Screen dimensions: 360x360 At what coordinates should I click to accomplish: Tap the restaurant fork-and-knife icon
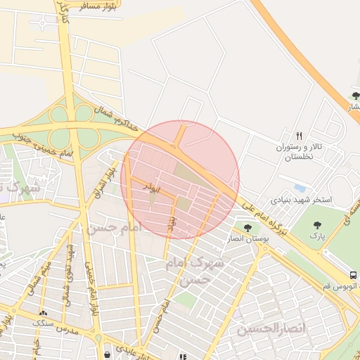click(x=298, y=136)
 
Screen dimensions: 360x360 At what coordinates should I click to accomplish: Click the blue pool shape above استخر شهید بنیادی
click(x=300, y=188)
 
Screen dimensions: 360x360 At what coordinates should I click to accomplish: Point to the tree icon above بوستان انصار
click(x=247, y=228)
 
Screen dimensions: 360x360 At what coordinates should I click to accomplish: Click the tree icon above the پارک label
click(x=315, y=225)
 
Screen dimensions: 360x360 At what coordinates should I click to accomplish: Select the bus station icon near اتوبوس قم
click(x=352, y=275)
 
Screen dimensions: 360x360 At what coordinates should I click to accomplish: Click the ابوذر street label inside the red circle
click(x=152, y=188)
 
